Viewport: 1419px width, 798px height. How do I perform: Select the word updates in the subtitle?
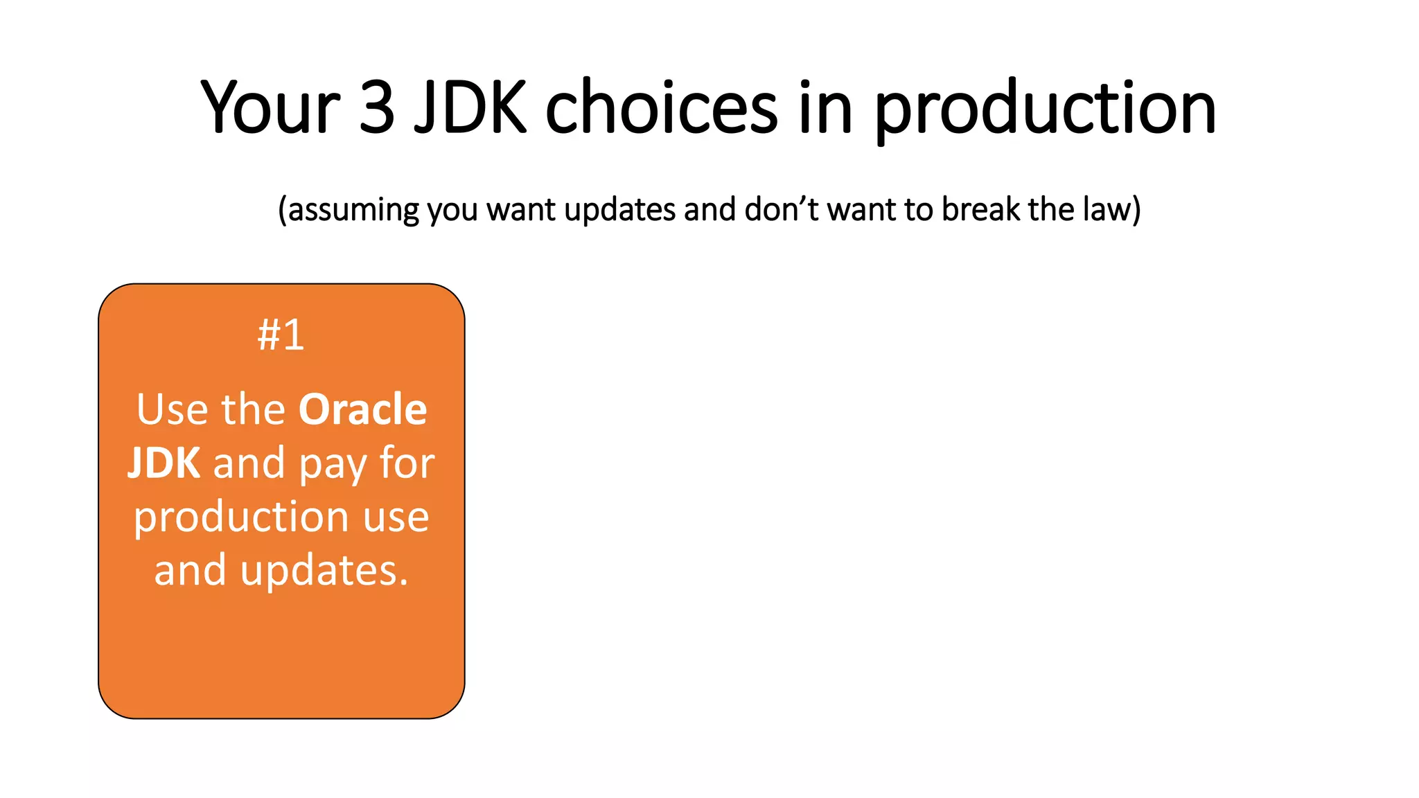(619, 210)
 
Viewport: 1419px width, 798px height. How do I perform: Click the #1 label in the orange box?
(281, 335)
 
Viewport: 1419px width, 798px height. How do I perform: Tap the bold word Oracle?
(362, 409)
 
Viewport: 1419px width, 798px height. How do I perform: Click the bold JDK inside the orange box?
(164, 463)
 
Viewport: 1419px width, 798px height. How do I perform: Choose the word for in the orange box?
(407, 463)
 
